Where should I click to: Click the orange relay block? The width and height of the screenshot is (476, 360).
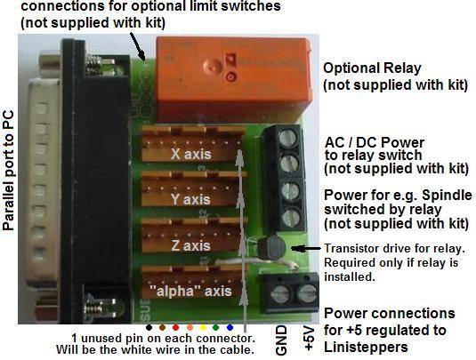234,79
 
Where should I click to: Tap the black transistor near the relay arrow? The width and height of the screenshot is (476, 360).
271,248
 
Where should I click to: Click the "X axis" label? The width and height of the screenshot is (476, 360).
190,154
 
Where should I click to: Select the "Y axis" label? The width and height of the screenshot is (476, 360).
190,199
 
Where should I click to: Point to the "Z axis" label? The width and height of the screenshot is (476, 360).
190,245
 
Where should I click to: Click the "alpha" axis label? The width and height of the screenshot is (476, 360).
190,291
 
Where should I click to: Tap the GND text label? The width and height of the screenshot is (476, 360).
281,340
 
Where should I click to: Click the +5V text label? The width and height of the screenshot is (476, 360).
309,339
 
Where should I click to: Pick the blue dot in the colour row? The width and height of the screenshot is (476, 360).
230,327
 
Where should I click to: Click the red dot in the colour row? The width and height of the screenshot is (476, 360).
175,327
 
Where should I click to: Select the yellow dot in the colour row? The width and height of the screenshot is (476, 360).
203,327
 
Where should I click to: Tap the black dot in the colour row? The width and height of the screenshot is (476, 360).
149,327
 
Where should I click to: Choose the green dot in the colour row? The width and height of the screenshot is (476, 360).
215,327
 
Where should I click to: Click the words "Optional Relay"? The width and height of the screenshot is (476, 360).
372,68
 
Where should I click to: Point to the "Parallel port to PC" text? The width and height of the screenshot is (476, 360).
8,171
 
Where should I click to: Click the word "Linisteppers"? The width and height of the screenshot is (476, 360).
366,347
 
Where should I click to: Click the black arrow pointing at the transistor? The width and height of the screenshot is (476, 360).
306,249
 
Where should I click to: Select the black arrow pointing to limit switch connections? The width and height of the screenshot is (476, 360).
138,46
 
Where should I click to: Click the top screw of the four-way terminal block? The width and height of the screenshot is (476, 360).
287,138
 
